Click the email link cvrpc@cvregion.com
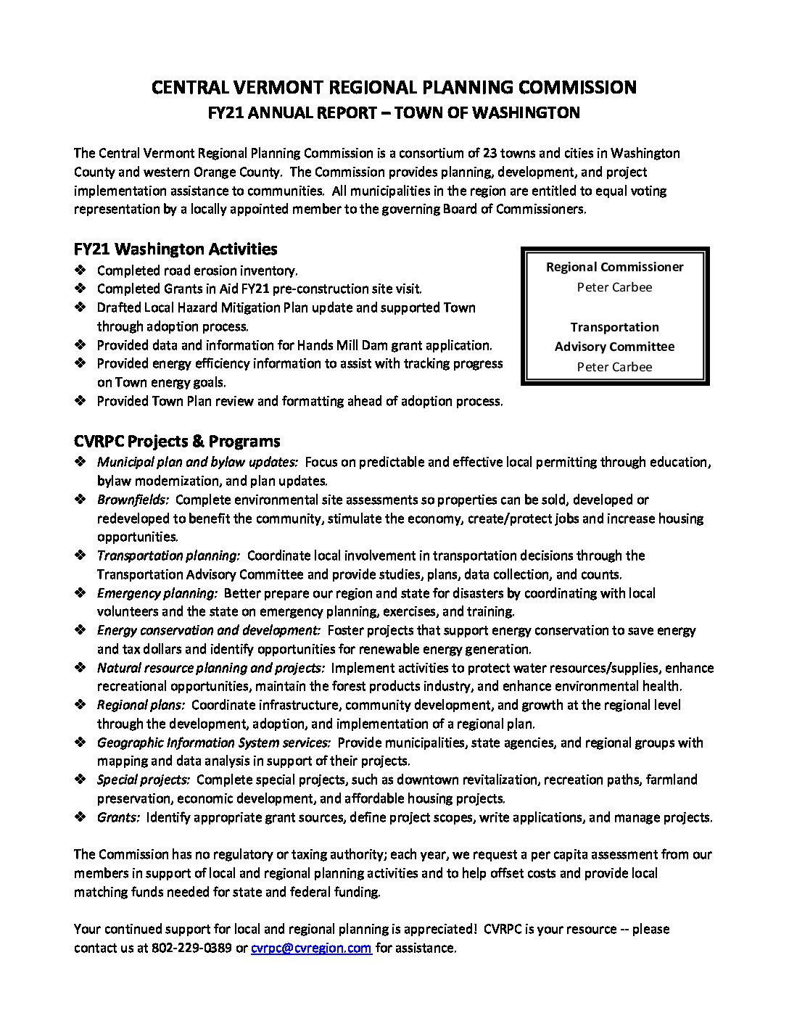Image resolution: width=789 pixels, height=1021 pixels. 311,948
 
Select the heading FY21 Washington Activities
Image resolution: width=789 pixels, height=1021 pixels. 175,249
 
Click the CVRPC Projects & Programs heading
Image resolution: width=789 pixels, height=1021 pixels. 177,442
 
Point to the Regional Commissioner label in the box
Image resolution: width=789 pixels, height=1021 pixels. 614,267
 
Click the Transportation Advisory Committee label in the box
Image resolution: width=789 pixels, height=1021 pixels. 614,337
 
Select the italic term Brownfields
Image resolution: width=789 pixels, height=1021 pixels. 133,500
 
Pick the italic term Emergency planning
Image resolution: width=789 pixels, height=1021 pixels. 157,593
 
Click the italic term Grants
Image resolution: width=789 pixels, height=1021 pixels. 118,817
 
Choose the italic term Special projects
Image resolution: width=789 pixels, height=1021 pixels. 144,780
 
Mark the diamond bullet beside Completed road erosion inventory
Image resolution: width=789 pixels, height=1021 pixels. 80,270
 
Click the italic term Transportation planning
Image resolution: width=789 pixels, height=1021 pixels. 168,555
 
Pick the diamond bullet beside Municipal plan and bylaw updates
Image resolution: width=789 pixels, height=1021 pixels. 80,462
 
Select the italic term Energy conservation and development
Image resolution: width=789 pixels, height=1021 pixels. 209,630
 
